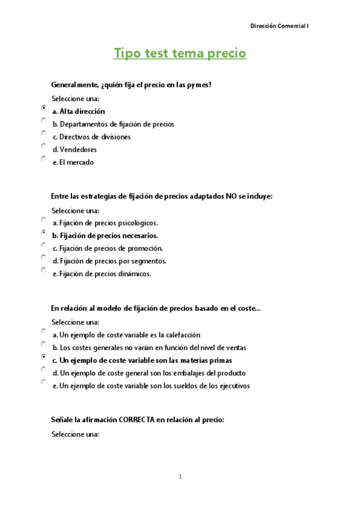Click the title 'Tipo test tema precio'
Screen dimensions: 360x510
tap(180, 54)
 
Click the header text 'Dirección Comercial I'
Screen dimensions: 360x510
tap(279, 26)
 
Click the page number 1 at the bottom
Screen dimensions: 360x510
tap(180, 477)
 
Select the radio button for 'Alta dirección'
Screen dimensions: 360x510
tap(44, 107)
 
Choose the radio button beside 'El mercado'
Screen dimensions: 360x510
tap(44, 159)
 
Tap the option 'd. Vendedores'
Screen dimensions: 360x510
tap(75, 150)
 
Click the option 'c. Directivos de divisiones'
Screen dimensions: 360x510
tap(91, 137)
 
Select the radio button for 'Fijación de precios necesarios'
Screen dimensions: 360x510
tap(44, 232)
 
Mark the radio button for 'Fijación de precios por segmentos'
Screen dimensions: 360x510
tap(44, 257)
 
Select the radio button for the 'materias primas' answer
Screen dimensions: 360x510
tap(44, 356)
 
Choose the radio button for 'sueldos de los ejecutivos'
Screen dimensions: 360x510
tap(44, 382)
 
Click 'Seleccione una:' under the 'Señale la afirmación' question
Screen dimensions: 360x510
tap(75, 434)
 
